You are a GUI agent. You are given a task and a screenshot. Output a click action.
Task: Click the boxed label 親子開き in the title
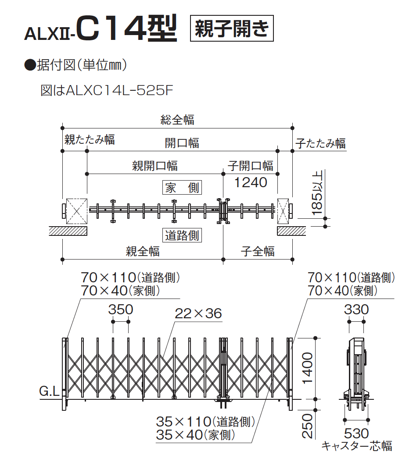tap(231, 28)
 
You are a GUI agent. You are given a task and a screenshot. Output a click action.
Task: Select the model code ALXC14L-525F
tap(119, 90)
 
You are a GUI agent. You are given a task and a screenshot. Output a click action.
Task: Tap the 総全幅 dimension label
tap(177, 120)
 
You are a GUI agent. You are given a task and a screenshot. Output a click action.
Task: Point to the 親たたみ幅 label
tap(90, 139)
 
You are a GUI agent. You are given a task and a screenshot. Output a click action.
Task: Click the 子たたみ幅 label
tap(320, 143)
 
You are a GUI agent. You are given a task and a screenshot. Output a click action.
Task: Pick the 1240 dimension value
tap(251, 182)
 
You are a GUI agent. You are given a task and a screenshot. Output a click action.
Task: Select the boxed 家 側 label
tap(182, 188)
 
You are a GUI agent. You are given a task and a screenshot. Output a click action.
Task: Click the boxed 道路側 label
tap(182, 235)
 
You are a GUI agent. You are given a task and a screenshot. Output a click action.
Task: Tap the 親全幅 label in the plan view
tap(143, 252)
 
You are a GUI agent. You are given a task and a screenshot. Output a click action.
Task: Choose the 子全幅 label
tap(258, 252)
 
